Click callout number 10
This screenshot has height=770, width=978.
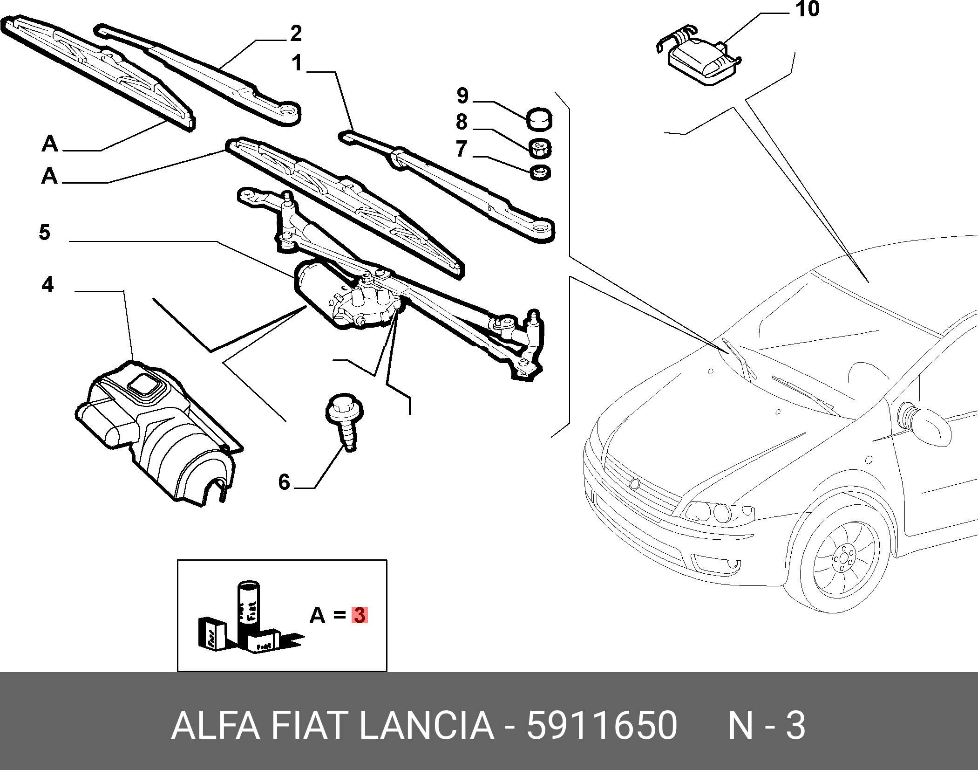pyautogui.click(x=807, y=9)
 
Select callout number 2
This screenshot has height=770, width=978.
pyautogui.click(x=296, y=34)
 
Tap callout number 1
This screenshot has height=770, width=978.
pyautogui.click(x=297, y=63)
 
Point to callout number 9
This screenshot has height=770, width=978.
pyautogui.click(x=462, y=96)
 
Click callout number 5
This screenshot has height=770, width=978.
pyautogui.click(x=45, y=232)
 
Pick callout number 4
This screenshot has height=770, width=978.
pyautogui.click(x=48, y=284)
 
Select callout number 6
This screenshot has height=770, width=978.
pyautogui.click(x=284, y=482)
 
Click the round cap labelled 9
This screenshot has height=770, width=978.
pyautogui.click(x=540, y=120)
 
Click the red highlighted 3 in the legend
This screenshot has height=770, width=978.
pyautogui.click(x=359, y=615)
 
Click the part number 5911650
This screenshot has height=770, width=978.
pyautogui.click(x=601, y=725)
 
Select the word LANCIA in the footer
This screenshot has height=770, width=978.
pyautogui.click(x=426, y=725)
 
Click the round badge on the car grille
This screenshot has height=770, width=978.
pyautogui.click(x=634, y=483)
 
